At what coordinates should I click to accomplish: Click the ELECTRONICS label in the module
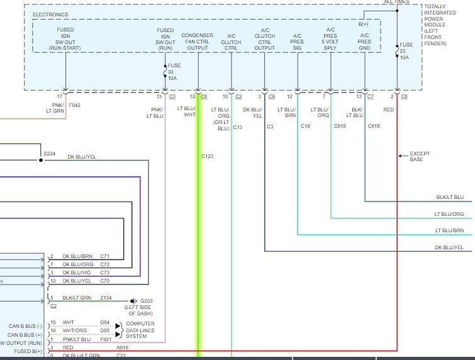50,14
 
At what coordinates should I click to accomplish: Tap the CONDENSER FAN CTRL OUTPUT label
198,42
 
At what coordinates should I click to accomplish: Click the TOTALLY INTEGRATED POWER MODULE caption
444,25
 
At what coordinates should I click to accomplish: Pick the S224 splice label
49,153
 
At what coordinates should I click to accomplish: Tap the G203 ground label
145,301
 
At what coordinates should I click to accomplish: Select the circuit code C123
208,156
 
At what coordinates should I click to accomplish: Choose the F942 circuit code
74,105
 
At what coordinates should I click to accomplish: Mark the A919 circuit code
122,347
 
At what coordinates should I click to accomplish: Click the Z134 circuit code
105,298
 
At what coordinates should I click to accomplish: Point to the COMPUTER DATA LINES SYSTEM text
140,330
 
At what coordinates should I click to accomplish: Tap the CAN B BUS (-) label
26,325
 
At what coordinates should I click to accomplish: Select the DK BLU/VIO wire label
77,273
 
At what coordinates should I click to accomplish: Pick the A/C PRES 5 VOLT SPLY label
330,38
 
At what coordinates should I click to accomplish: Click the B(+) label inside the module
364,24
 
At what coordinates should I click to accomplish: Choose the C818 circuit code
340,127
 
